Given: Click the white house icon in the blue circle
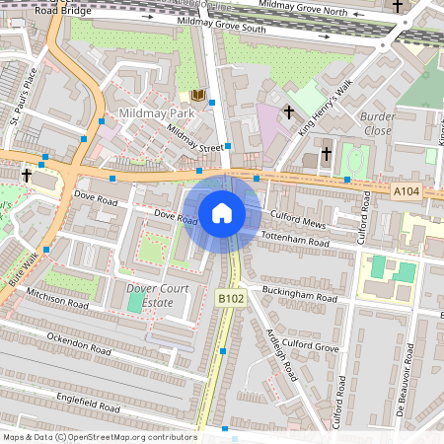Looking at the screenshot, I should [222, 212].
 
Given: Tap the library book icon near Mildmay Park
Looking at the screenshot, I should [197, 96].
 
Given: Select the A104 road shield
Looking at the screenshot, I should [406, 191].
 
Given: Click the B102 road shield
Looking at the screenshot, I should [230, 298].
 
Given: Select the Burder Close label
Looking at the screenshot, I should [378, 123].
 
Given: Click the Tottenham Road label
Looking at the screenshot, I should [293, 241].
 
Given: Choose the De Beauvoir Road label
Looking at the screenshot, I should [402, 387].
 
